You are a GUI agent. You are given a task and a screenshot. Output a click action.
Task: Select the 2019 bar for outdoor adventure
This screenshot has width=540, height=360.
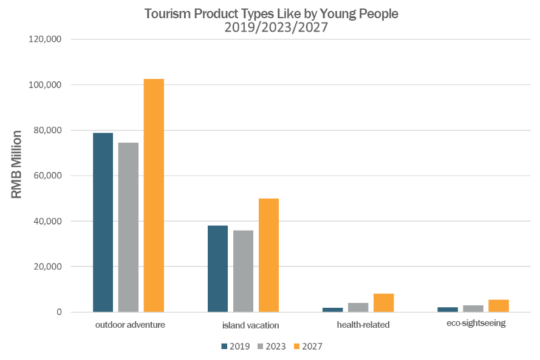coord(103,222)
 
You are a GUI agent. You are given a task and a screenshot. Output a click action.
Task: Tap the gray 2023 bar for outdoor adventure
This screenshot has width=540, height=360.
coord(128,227)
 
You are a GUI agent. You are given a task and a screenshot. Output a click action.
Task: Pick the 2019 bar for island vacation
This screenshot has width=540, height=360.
coord(217,269)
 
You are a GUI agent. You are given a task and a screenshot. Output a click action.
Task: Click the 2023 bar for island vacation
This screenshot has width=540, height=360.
coord(243,271)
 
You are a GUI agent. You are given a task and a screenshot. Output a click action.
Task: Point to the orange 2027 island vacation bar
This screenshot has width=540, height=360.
coord(268,255)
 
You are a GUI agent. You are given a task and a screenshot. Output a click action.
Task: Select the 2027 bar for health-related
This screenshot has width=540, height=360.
coord(383,303)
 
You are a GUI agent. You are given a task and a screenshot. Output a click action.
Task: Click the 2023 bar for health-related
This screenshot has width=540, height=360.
coord(358,307)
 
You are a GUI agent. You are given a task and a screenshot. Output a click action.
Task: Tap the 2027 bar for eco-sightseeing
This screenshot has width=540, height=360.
coord(498,306)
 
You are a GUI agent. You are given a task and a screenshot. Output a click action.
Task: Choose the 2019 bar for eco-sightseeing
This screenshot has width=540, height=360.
coord(447,310)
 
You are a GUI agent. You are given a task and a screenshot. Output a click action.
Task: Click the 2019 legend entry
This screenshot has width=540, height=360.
coord(236,346)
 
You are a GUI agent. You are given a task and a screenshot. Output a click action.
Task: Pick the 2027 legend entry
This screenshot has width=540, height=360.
coord(307,346)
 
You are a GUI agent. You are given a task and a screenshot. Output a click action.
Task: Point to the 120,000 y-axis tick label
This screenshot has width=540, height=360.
coord(45,39)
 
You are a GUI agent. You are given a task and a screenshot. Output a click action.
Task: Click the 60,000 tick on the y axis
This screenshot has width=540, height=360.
coord(47,176)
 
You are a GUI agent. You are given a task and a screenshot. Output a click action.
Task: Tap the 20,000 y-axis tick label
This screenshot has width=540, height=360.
coord(47,267)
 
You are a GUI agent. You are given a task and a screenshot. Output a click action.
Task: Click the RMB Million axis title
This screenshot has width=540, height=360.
coord(17,165)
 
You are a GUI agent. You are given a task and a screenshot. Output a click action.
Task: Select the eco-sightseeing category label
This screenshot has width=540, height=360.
coord(476,323)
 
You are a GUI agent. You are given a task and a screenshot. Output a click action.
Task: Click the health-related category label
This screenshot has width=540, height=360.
coord(363,325)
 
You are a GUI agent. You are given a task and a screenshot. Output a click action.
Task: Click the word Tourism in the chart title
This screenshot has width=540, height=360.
coord(168,13)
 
